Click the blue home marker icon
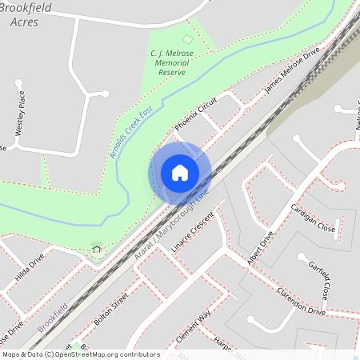(180, 173)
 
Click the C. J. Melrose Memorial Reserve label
(168, 62)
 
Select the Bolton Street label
(110, 308)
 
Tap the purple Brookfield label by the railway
(53, 318)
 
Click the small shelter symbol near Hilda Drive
(97, 250)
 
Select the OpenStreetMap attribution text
(81, 354)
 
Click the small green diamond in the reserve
(187, 38)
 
